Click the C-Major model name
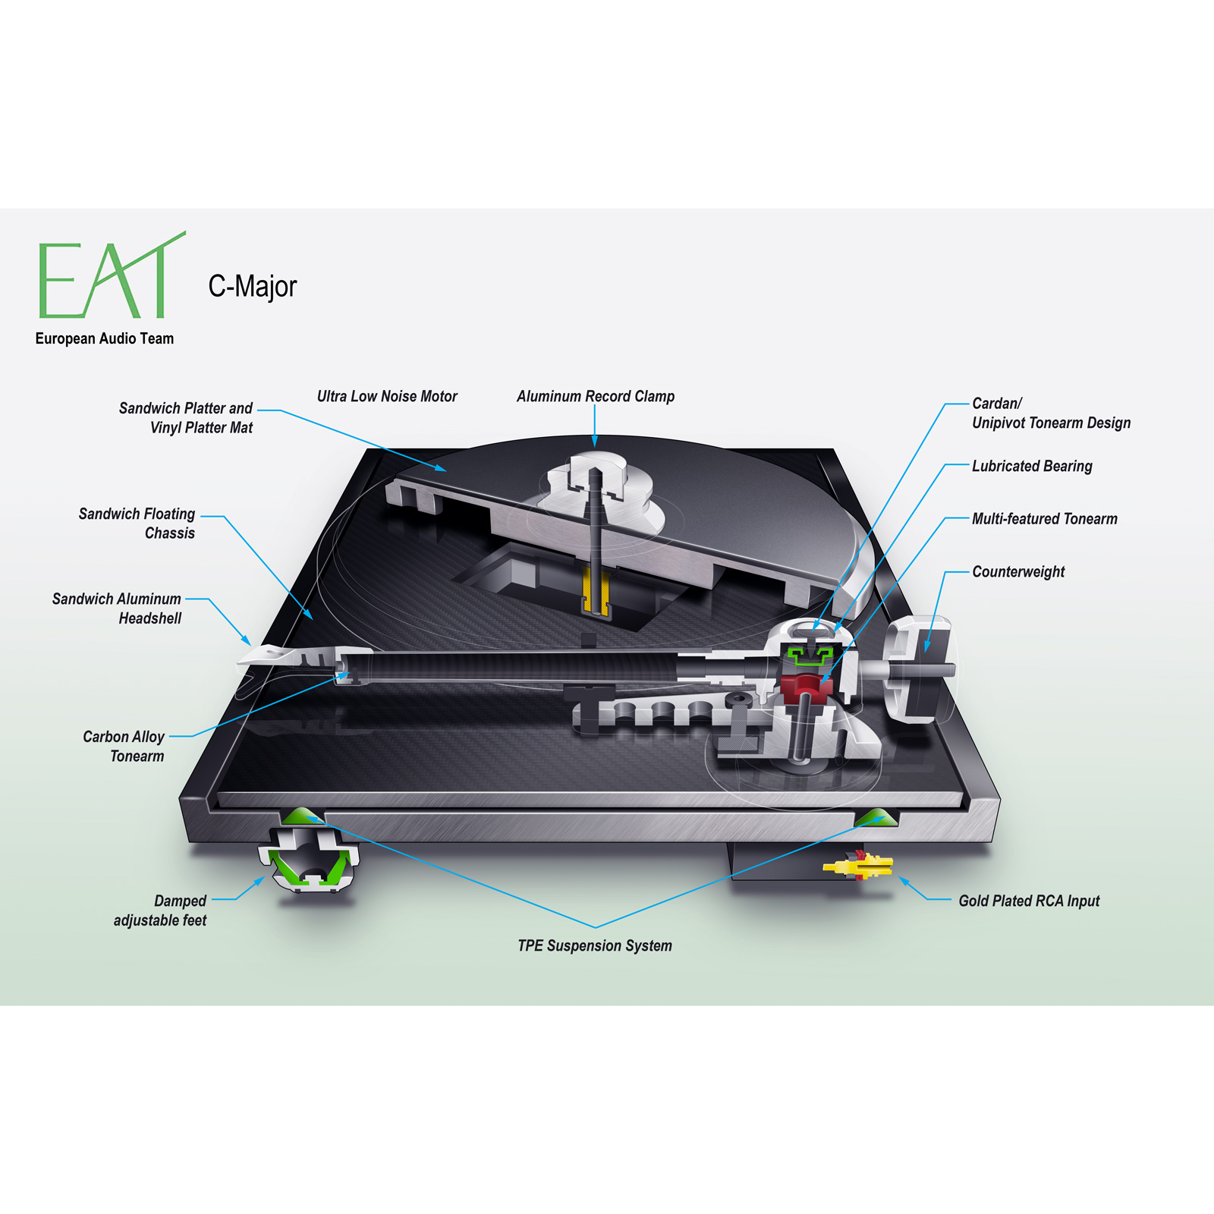[253, 286]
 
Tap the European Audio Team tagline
[105, 338]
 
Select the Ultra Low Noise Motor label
[387, 396]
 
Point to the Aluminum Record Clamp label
[596, 396]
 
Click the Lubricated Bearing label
[1032, 466]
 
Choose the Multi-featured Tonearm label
[1045, 519]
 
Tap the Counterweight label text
[1018, 571]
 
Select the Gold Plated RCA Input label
[1029, 901]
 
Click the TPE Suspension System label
[595, 945]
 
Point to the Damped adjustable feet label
[160, 910]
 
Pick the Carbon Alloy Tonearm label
[124, 746]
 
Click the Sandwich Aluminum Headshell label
[117, 609]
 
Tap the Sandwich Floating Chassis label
[137, 524]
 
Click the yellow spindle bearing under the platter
[596, 592]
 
